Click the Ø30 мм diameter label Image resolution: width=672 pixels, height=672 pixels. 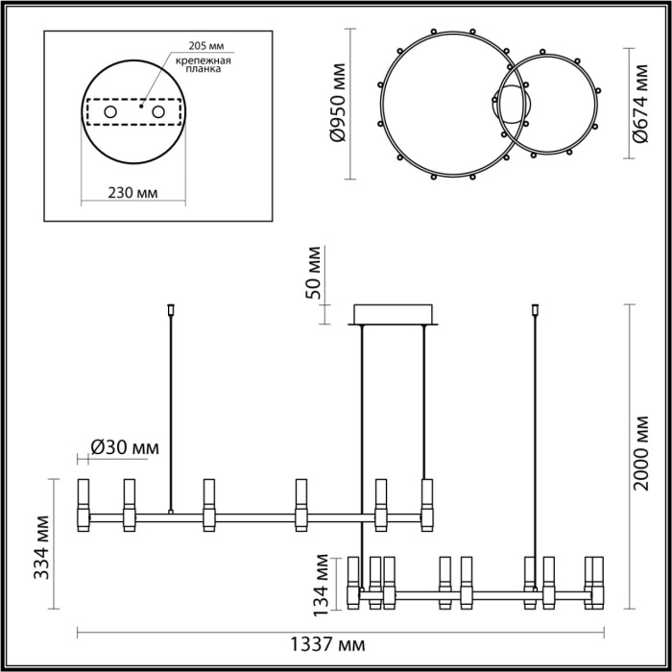[125, 447]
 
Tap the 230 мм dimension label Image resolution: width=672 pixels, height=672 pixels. [132, 193]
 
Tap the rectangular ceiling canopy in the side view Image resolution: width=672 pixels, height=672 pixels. [395, 315]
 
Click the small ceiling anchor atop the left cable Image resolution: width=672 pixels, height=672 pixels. [171, 310]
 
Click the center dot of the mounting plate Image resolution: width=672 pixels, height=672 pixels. [141, 109]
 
